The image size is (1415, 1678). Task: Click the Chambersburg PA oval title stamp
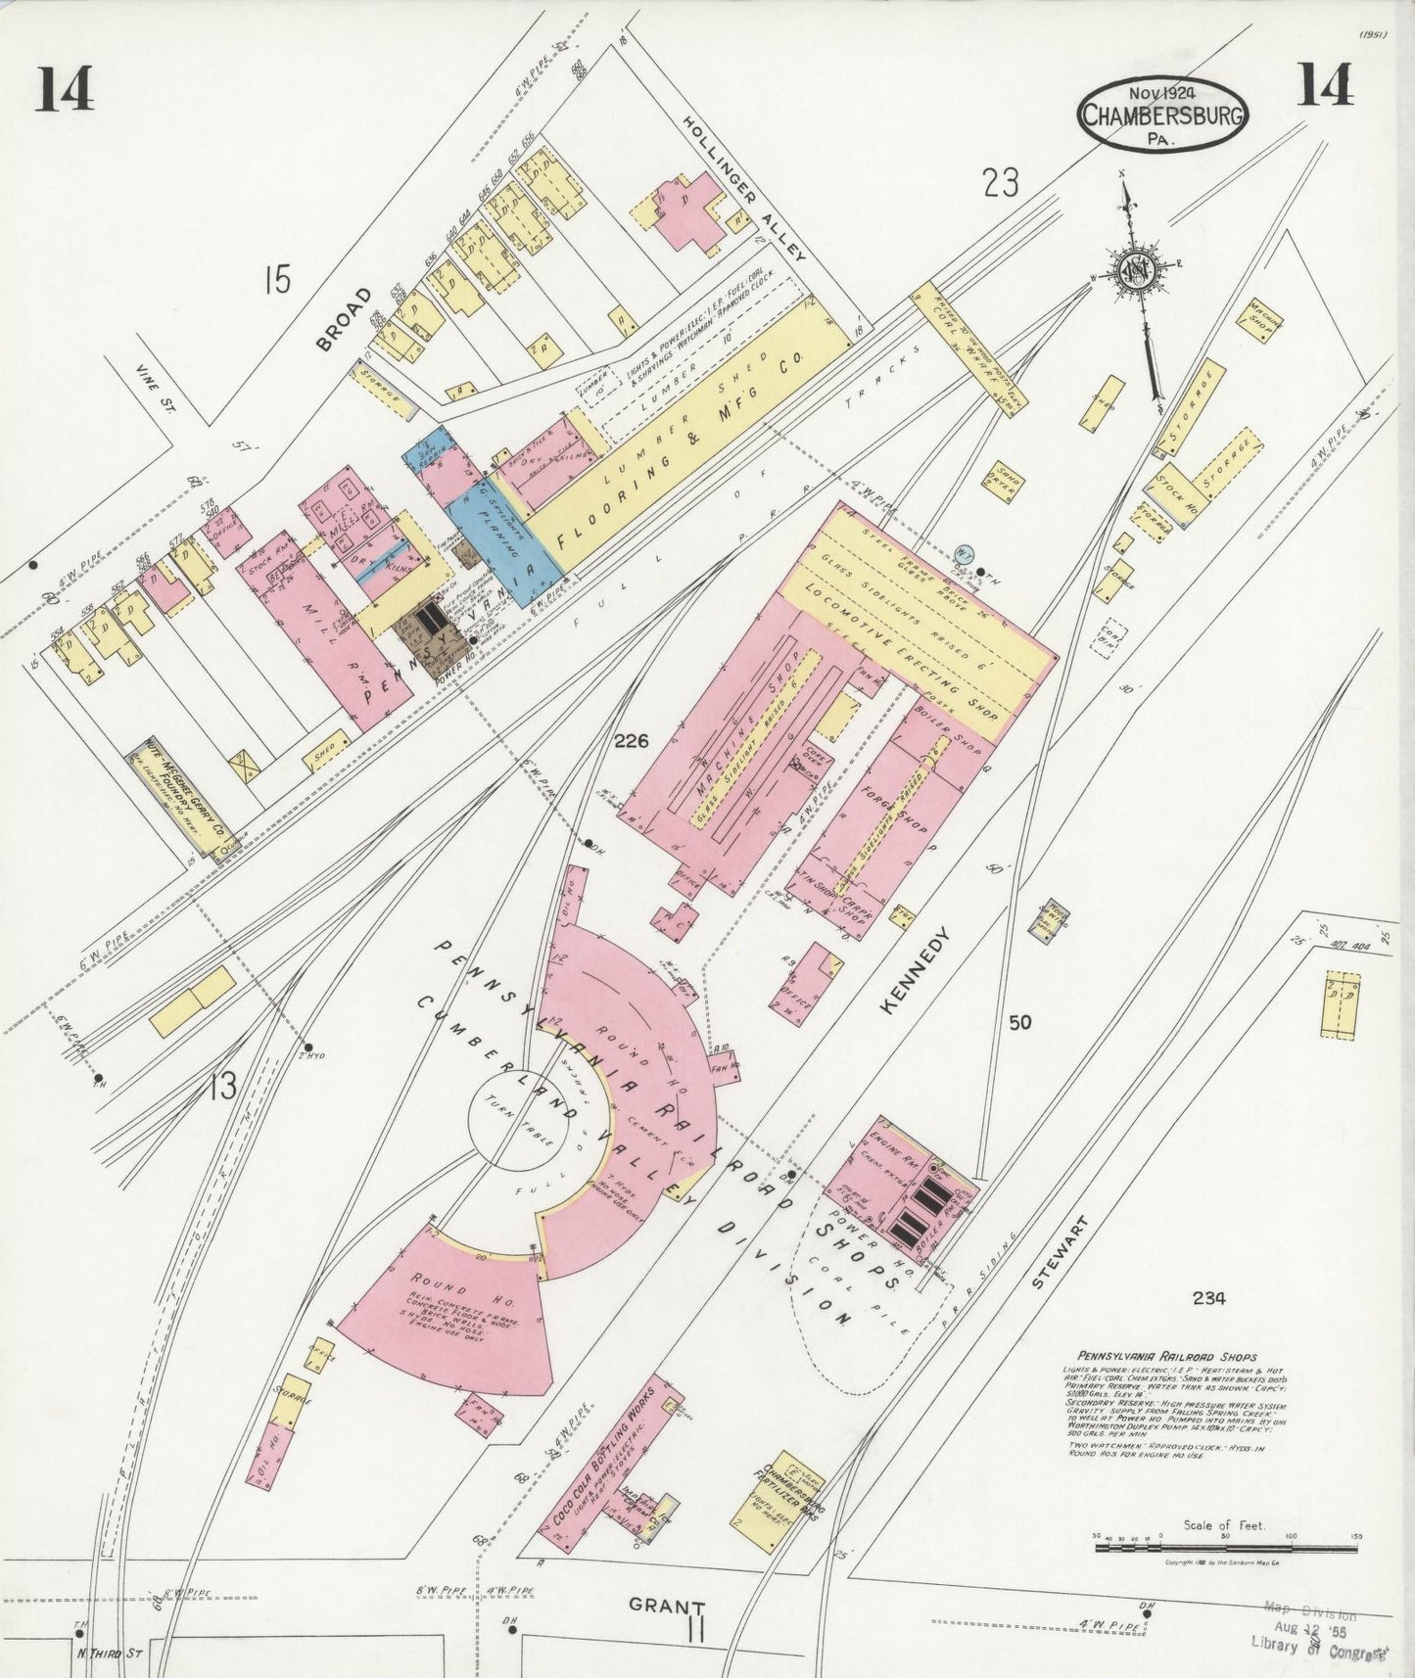tap(1162, 114)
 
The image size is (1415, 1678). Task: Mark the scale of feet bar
tap(1224, 1544)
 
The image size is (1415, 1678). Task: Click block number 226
tap(632, 742)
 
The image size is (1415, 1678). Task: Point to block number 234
tap(1209, 1298)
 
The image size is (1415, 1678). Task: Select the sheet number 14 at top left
tap(67, 90)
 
